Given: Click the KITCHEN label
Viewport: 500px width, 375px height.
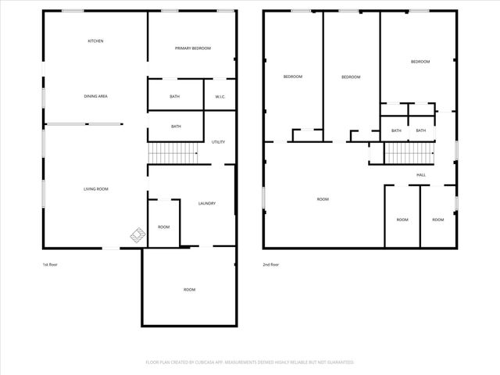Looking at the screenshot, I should pos(95,41).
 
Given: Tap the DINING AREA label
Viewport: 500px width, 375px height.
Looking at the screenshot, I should pos(95,96).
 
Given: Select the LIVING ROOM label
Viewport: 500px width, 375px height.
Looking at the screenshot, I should pos(95,189).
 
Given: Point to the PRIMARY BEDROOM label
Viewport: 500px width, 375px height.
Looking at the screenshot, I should pos(192,48).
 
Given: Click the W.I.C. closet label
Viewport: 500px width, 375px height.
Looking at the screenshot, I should pos(220,96).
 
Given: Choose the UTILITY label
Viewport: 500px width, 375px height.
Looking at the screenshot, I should pos(218,141).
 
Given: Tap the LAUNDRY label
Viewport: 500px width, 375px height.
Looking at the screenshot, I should pos(206,204).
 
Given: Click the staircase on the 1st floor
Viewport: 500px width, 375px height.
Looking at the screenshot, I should pos(173,154).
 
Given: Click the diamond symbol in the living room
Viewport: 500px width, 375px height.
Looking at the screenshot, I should pos(137,234).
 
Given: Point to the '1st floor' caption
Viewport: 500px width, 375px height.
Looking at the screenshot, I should pos(51,265).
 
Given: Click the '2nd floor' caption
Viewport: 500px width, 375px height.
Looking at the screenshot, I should pos(271,265).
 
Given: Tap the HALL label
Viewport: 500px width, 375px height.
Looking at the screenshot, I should pos(421,174).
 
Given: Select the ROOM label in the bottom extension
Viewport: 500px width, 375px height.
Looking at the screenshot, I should pos(189,289).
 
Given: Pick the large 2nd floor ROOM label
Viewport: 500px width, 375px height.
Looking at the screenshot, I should pos(323,199).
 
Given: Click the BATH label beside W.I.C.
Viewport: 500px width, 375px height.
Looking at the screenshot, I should pos(175,96).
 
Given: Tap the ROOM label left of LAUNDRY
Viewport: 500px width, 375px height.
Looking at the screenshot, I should pos(163,227).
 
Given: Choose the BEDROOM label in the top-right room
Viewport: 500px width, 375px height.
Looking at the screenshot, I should pos(420,62).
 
